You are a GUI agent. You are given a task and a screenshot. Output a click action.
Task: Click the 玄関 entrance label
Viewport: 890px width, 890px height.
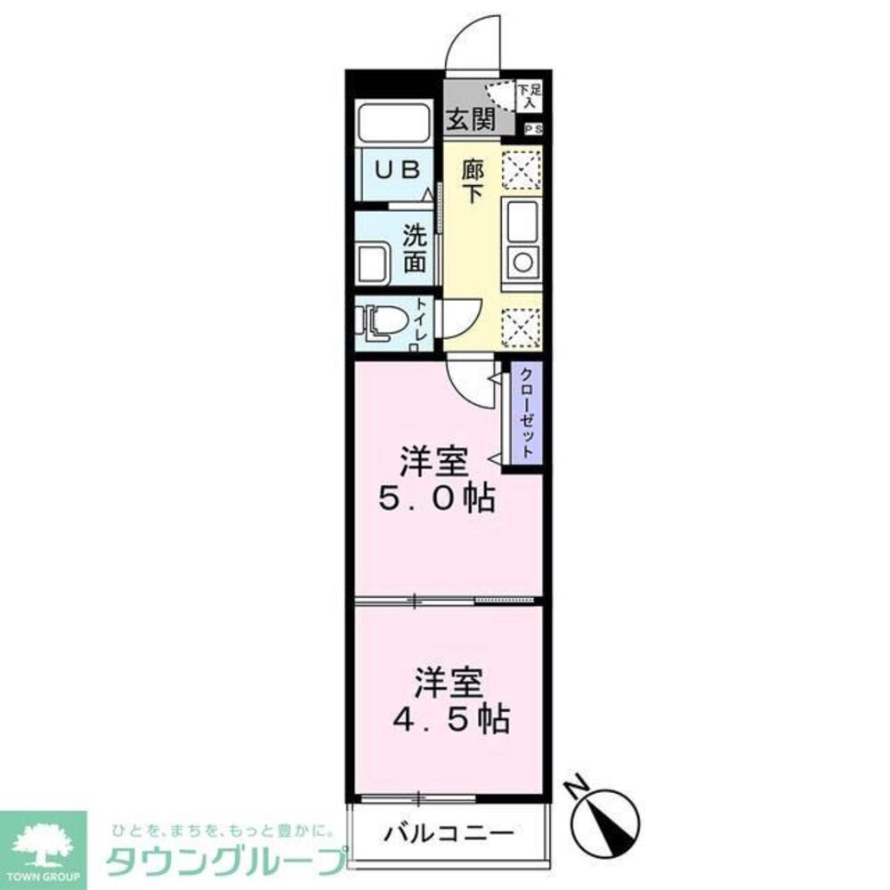click(x=472, y=120)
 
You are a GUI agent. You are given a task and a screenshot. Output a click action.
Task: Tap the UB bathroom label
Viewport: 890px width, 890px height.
click(x=393, y=169)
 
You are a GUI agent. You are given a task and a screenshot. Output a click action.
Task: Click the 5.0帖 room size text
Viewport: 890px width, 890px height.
click(x=436, y=499)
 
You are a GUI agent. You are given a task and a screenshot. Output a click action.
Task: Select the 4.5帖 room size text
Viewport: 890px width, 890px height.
click(x=451, y=718)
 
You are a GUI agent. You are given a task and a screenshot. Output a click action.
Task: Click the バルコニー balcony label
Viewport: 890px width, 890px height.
click(x=449, y=834)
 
